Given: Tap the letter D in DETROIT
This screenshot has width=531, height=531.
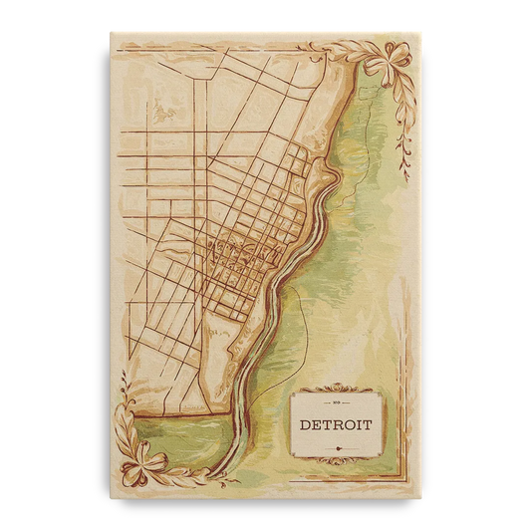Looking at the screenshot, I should [x=306, y=425].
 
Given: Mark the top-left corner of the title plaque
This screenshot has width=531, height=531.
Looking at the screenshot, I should [x=292, y=393].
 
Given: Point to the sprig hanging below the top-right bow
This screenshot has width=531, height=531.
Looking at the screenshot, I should [x=403, y=139].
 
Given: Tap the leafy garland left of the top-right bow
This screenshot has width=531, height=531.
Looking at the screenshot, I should [x=339, y=46].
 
